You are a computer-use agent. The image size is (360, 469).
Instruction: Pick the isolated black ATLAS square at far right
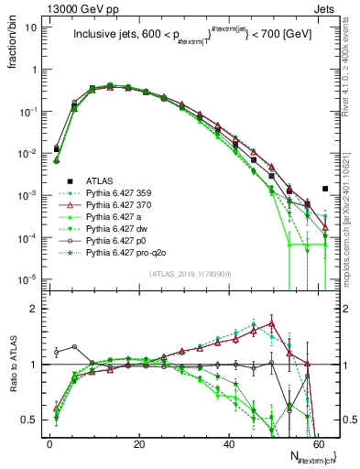pos(325,189)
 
